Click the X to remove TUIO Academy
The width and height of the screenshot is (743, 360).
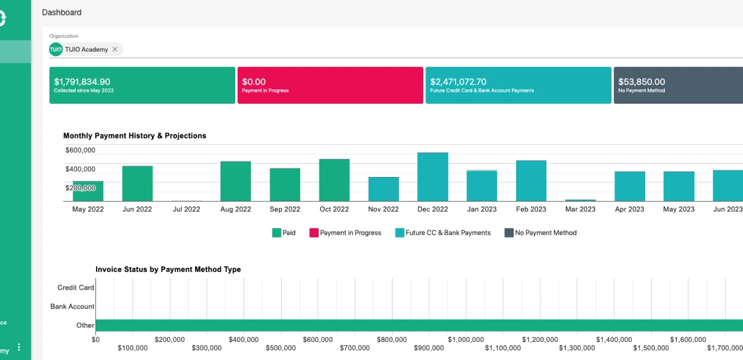(x=115, y=49)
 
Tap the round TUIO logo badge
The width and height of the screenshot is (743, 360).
(x=56, y=49)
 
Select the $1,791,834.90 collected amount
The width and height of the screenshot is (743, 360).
(x=82, y=82)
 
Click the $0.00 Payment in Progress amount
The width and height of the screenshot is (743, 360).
(x=254, y=82)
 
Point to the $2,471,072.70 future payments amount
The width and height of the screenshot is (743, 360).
(x=458, y=82)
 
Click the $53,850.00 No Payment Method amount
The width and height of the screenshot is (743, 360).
(x=642, y=82)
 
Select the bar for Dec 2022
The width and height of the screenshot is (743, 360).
(x=433, y=176)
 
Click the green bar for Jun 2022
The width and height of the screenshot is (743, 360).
(x=137, y=184)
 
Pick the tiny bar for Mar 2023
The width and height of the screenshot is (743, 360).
(x=580, y=200)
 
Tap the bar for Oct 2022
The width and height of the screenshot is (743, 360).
(x=334, y=180)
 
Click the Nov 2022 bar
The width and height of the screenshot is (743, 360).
(x=384, y=189)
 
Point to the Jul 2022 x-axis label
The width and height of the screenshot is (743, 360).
(x=187, y=209)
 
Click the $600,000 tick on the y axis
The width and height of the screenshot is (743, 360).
(x=80, y=150)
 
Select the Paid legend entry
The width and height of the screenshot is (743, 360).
(x=284, y=233)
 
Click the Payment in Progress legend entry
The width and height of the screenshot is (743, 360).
(x=345, y=233)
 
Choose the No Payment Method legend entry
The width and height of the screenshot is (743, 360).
(x=541, y=233)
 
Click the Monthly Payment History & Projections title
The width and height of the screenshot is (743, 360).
(x=134, y=136)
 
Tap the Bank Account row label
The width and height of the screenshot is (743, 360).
(x=72, y=306)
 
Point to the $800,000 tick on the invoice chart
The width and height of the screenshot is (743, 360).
(x=392, y=340)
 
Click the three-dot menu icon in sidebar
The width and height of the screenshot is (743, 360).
(x=19, y=347)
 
